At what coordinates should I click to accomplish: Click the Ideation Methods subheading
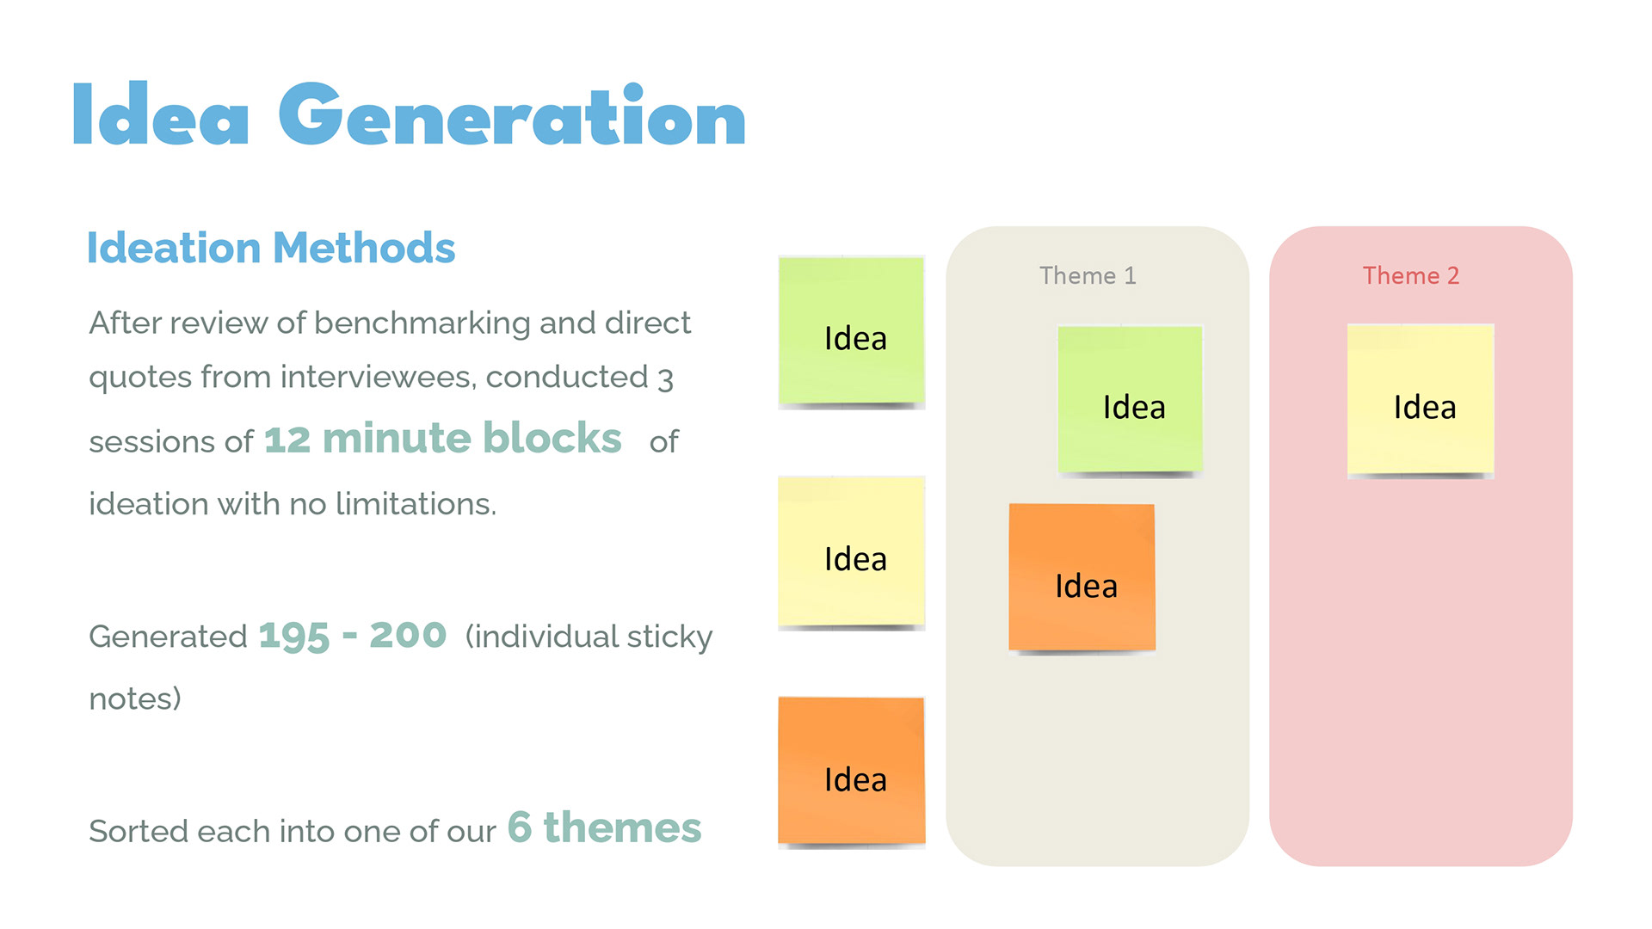pos(271,248)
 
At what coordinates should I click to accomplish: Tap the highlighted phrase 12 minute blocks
pos(442,438)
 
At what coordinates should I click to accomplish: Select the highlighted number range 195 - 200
pos(353,637)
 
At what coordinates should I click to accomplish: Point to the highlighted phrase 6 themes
pos(604,827)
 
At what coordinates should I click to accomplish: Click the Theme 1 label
pos(1088,275)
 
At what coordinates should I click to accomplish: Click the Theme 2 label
pos(1411,275)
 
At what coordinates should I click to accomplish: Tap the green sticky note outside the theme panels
pos(852,331)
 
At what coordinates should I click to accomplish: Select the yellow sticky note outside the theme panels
pos(852,552)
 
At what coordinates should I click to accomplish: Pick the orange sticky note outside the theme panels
pos(852,772)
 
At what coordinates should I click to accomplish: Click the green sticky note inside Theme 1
pos(1131,400)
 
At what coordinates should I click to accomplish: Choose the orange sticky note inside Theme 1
pos(1082,578)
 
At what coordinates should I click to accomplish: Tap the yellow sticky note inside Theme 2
pos(1421,401)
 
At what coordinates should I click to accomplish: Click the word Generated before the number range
pos(169,637)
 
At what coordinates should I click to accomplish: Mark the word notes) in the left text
pos(135,698)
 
